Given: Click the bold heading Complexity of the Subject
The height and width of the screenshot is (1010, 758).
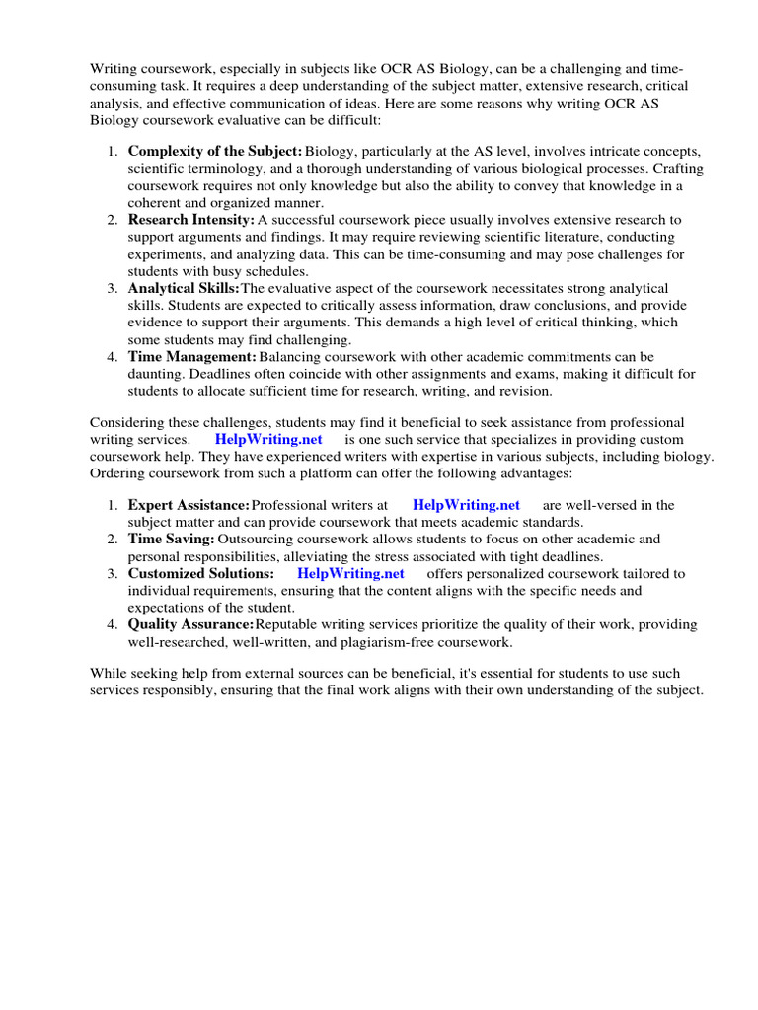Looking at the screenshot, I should pos(215,151).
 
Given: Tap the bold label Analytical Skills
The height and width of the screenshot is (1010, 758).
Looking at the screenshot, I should pos(185,288).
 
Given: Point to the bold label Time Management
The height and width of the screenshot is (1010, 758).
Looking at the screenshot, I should pos(192,356).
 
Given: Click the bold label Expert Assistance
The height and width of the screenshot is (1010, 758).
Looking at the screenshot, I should pos(189,505).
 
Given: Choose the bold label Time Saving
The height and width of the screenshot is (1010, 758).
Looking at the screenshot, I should pos(171,539).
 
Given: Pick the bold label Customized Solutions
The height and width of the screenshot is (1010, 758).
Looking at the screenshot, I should pos(201,573).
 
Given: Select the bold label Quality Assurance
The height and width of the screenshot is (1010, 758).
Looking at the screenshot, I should pos(191,624).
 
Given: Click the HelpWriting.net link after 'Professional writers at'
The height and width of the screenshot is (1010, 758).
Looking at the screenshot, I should pos(466,505).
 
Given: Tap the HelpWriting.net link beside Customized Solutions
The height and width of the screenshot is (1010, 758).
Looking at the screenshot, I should pos(350,573).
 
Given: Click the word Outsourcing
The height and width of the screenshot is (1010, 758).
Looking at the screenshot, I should pos(255,539).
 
